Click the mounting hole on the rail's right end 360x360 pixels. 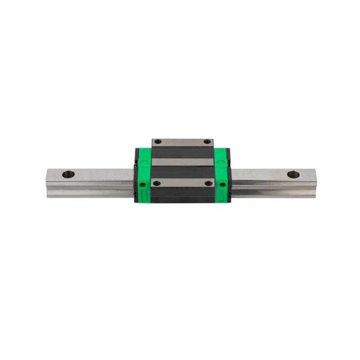click(292, 174)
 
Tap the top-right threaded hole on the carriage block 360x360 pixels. click(207, 142)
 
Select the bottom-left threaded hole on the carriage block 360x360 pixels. click(156, 183)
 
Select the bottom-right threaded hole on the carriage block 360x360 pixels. click(208, 183)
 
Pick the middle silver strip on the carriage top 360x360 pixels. click(182, 162)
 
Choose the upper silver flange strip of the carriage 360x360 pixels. click(182, 142)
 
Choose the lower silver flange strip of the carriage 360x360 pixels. click(182, 183)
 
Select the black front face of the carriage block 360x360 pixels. click(182, 196)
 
